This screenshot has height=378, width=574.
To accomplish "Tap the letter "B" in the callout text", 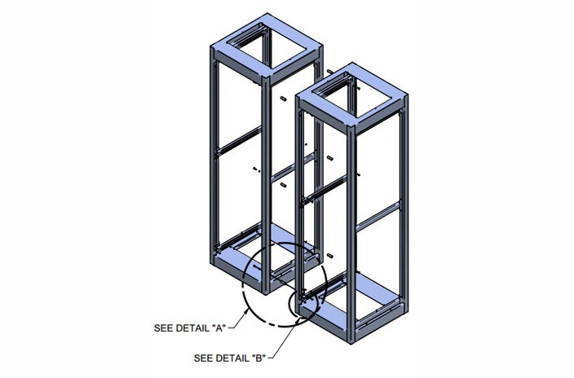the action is point(259,358).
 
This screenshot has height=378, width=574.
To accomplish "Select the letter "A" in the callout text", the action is point(219,327).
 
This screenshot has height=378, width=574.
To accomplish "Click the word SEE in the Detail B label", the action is point(201,358).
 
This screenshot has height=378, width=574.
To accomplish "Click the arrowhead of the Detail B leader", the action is point(301,319).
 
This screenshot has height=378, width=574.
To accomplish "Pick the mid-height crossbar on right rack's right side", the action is point(378,217).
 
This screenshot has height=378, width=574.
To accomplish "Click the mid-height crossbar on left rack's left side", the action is point(239,140).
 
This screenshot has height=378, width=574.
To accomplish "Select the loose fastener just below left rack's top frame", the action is point(283,98).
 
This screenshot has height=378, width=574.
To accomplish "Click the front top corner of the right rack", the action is point(351,127).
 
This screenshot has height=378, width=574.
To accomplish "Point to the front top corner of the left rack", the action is point(266,77).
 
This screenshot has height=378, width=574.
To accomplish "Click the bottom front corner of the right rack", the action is point(351,343).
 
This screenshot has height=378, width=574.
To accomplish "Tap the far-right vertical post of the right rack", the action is point(404,205).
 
